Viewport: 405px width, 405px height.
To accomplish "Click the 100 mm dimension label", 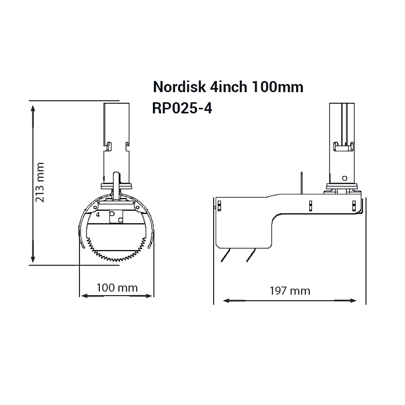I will point(117,288).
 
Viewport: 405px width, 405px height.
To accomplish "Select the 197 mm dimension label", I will point(290,291).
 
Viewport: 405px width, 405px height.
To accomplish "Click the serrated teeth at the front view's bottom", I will point(116,253).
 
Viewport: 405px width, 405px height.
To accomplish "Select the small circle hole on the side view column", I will point(344,178).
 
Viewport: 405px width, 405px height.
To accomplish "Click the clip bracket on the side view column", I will point(342,147).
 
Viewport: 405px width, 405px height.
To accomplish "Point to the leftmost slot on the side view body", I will point(219,206).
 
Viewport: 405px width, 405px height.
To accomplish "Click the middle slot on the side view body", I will point(309,206).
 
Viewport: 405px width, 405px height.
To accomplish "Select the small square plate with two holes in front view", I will point(116,216).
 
